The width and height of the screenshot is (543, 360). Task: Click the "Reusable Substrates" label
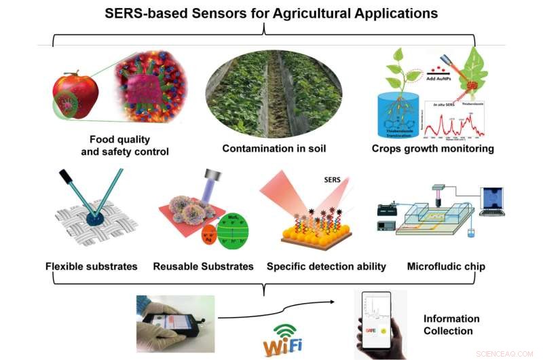coord(204,266)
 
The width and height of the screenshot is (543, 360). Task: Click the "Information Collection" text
coord(451,324)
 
